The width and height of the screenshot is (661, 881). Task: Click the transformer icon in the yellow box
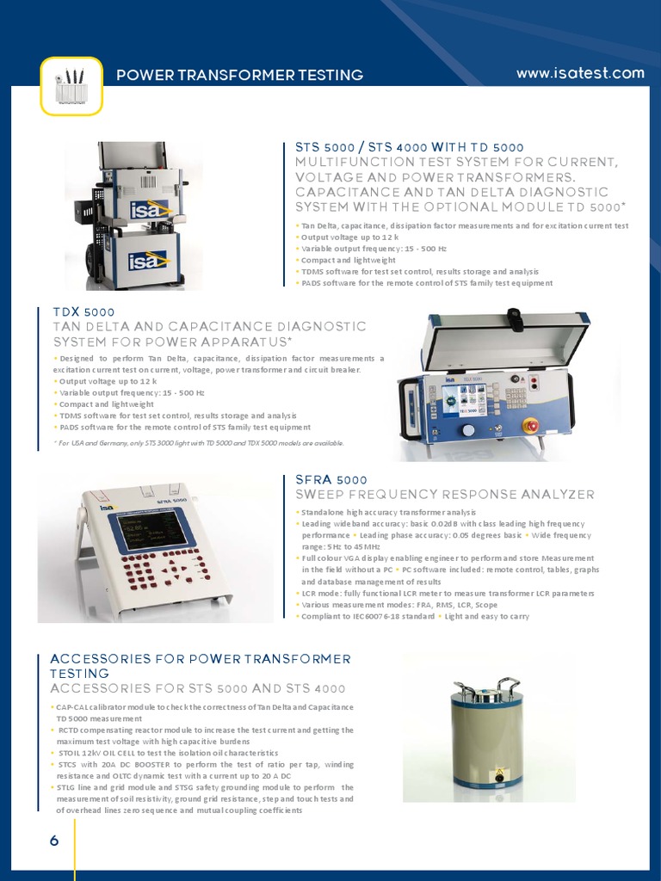tap(71, 85)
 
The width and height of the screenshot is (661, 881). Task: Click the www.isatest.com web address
tap(579, 73)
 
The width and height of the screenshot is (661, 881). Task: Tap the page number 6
tap(54, 841)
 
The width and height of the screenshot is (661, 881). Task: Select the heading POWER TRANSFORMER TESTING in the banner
tap(239, 75)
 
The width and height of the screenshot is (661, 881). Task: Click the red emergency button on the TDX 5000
tap(532, 424)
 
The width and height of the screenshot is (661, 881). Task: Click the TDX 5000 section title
tap(83, 311)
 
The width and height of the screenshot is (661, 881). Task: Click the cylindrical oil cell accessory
tap(488, 736)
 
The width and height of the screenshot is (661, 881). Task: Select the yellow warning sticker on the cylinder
tap(497, 777)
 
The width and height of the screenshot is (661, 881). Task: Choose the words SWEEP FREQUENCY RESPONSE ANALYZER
tap(444, 494)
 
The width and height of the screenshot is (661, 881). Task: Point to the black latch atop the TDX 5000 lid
tap(515, 317)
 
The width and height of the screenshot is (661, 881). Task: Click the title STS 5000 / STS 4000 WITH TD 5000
tap(409, 147)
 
